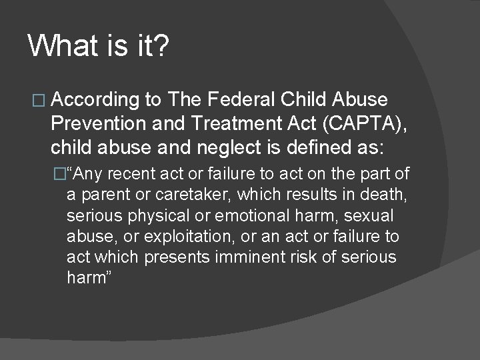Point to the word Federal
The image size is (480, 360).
coord(242,100)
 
